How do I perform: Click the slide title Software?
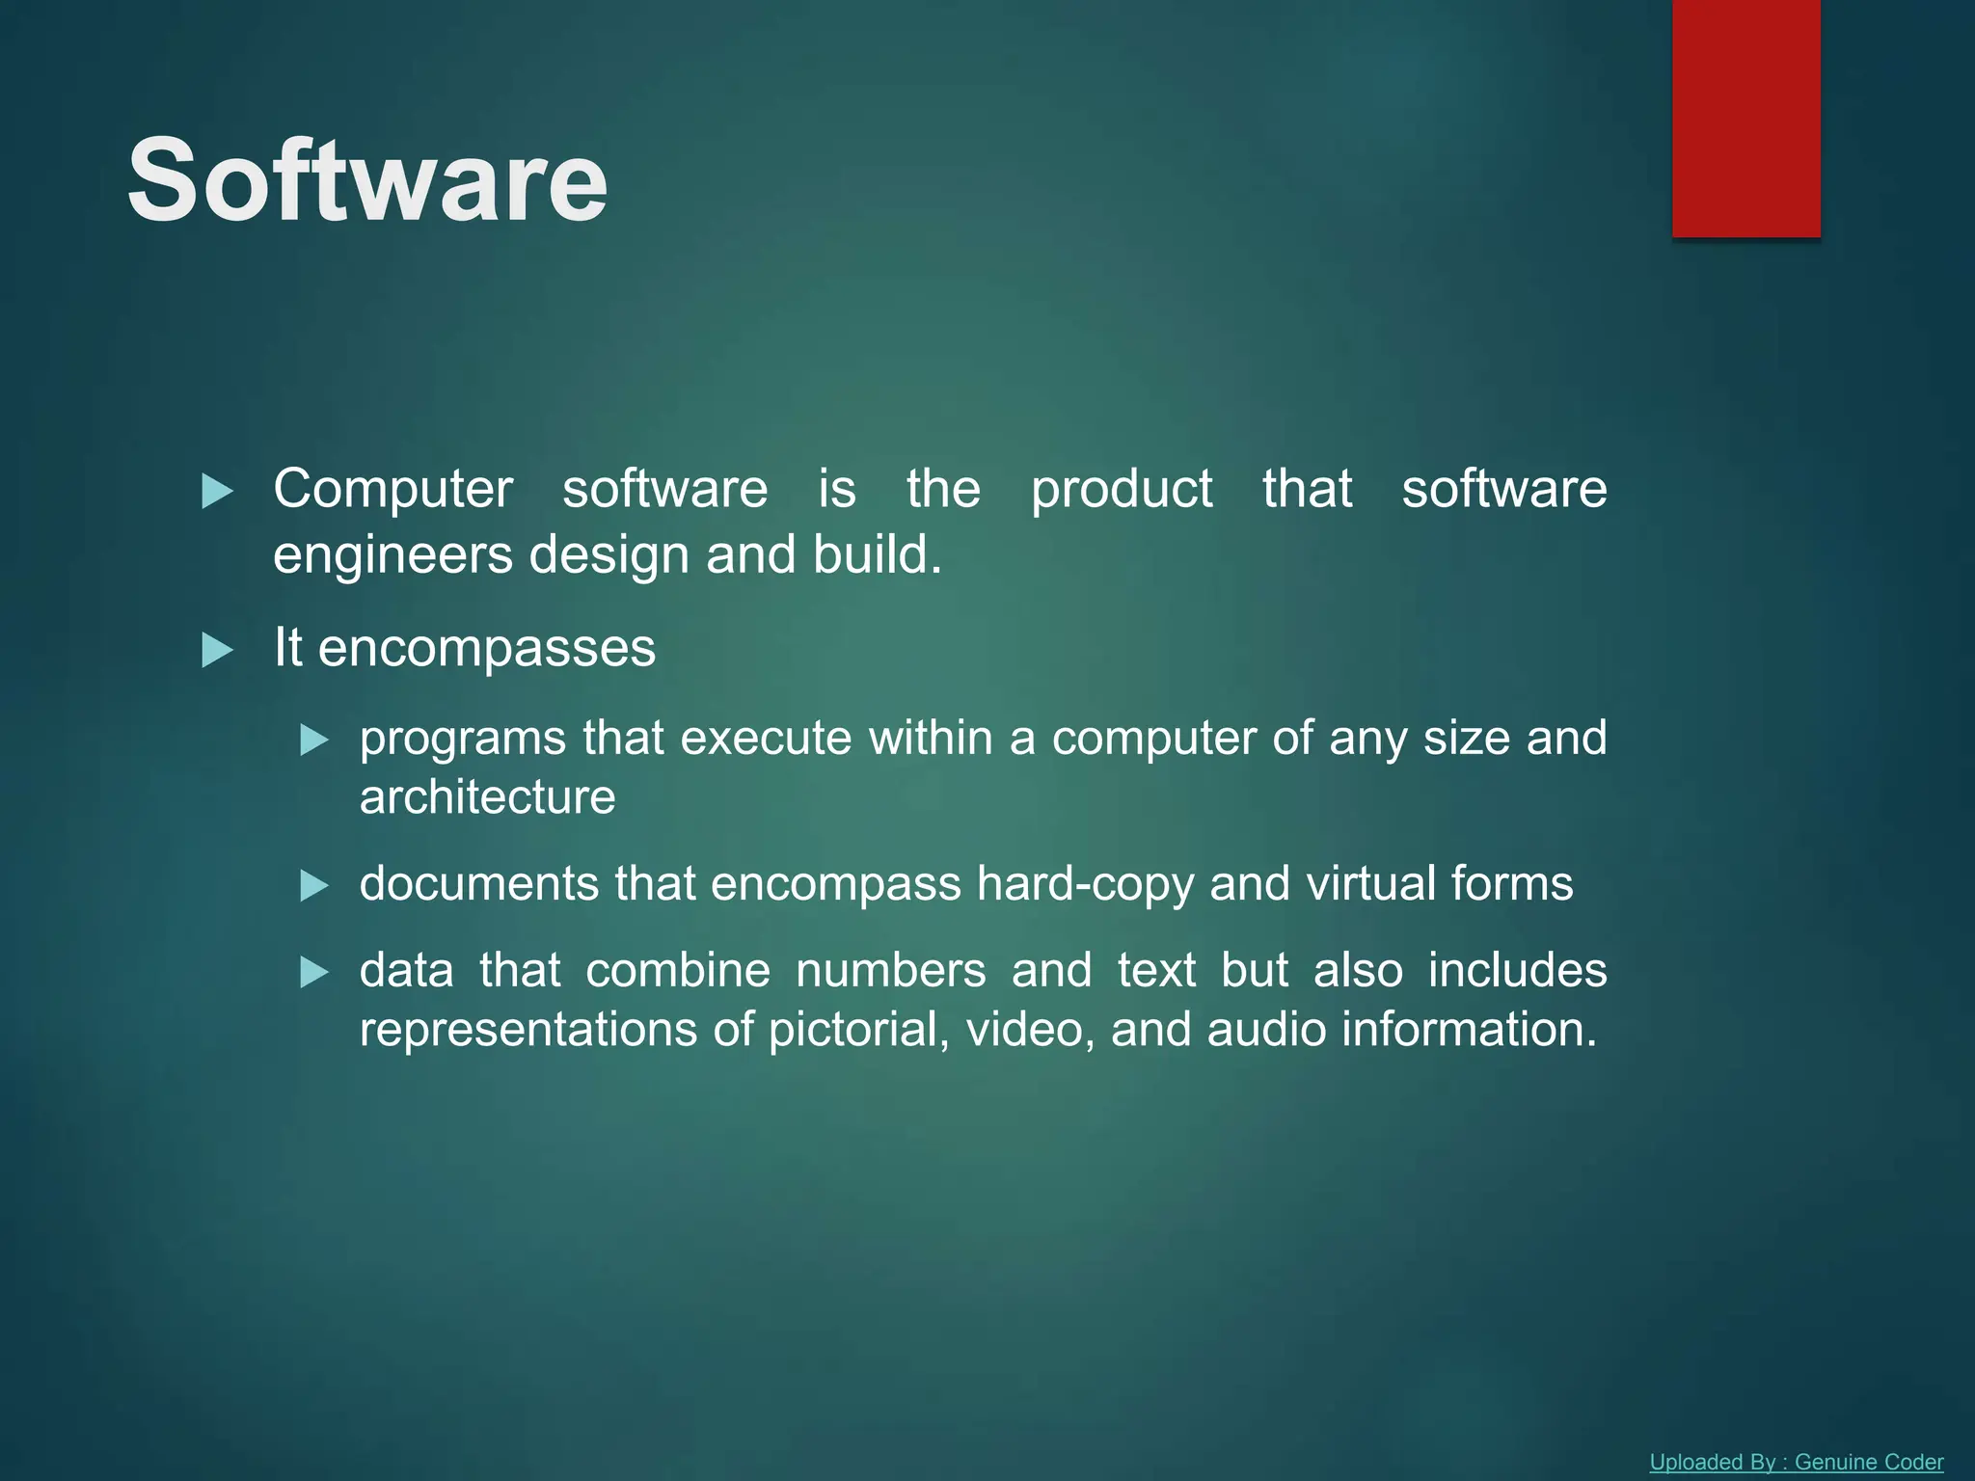tap(367, 180)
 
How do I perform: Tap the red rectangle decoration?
tap(1745, 118)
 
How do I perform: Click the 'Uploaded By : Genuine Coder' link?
tap(1796, 1462)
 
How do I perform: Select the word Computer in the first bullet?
tap(392, 489)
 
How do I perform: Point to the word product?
tap(1121, 489)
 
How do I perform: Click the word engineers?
tap(392, 556)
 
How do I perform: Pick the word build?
tap(876, 554)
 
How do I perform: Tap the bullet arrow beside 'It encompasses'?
tap(217, 651)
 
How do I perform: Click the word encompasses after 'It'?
tap(486, 648)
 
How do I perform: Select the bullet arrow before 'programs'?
tap(314, 740)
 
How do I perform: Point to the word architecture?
tap(487, 797)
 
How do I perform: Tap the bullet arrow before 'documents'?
tap(314, 885)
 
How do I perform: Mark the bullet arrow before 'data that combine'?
tap(314, 972)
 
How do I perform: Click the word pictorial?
tap(859, 1030)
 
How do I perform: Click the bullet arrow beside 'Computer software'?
tap(217, 492)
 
